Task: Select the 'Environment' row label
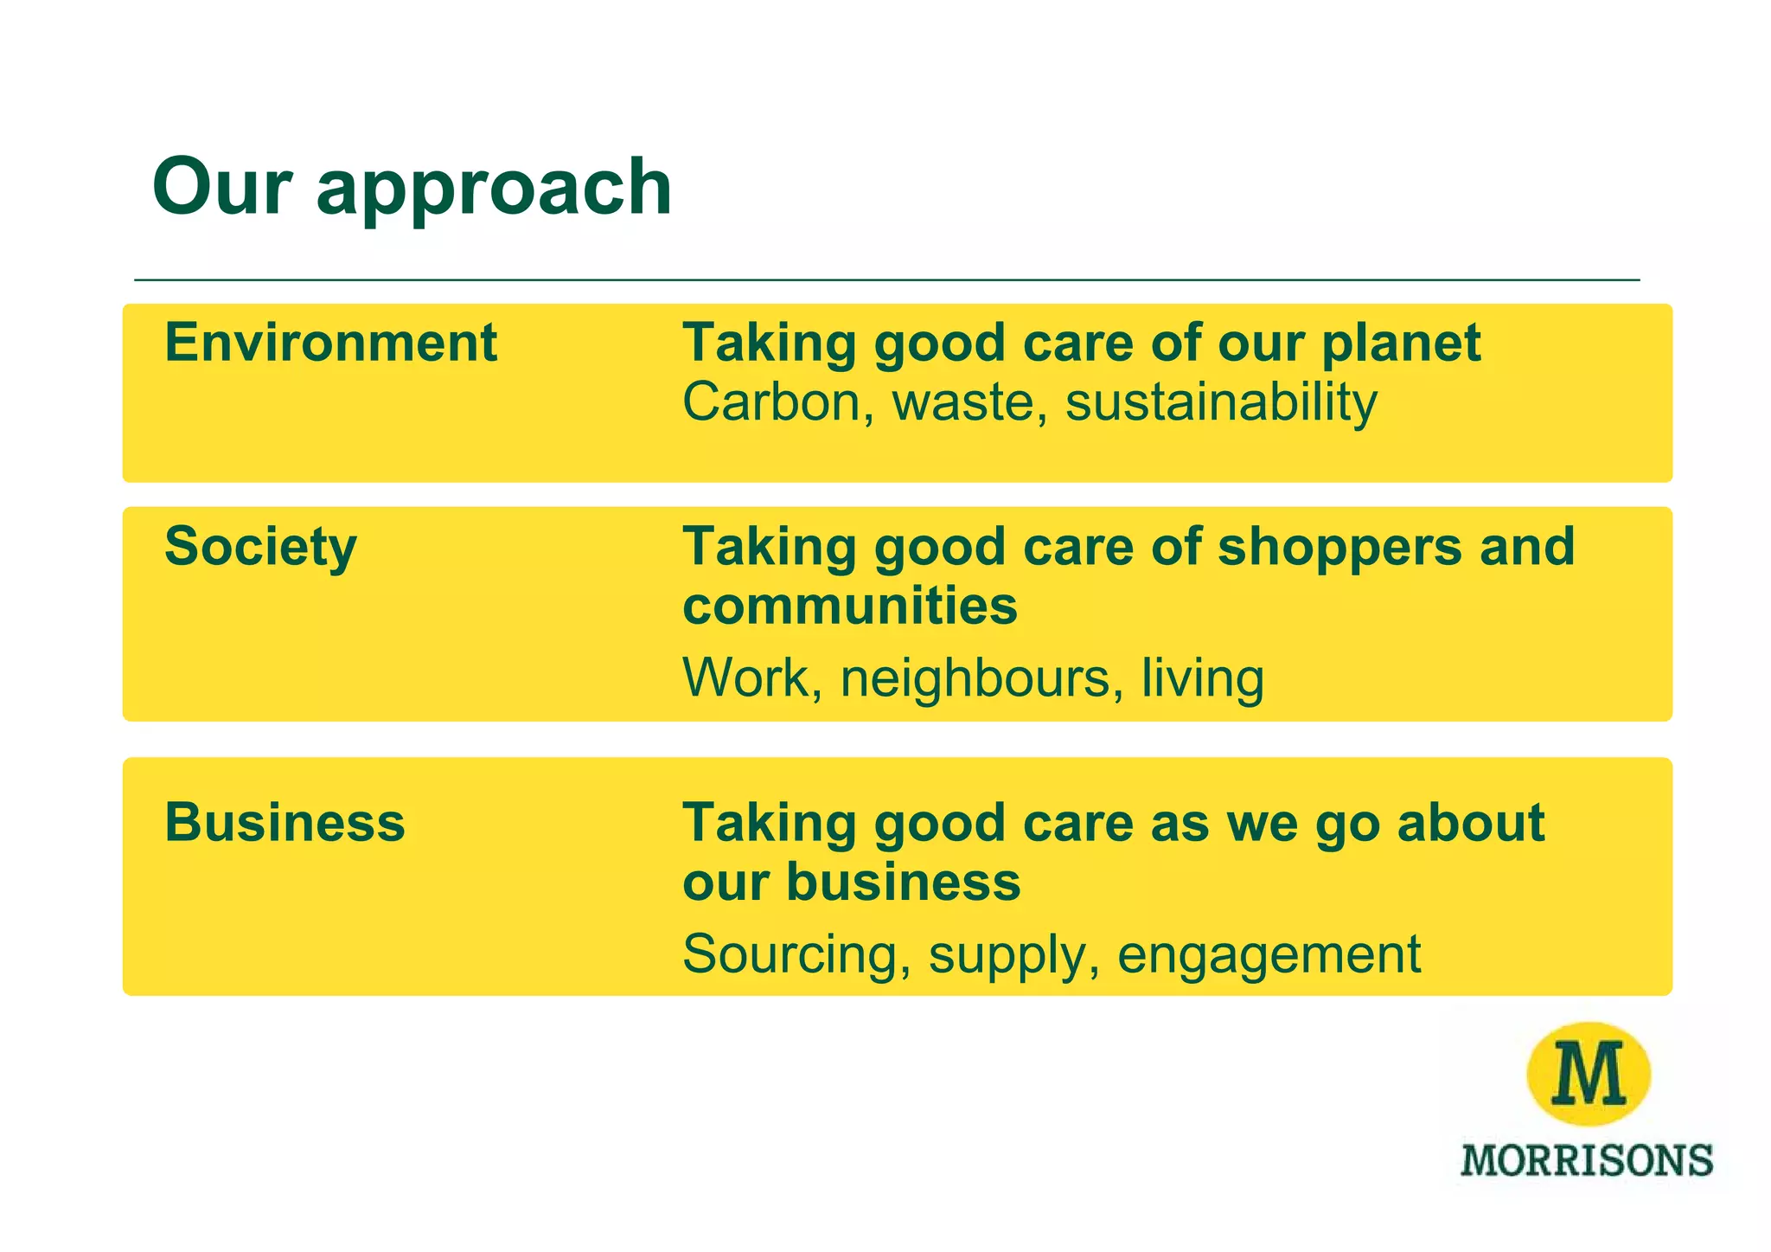click(330, 343)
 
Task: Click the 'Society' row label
click(260, 548)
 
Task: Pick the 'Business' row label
click(285, 822)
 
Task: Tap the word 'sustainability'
click(1221, 404)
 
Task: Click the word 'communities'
click(850, 605)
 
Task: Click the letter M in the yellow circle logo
click(1589, 1074)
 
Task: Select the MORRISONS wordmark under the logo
click(1587, 1160)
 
